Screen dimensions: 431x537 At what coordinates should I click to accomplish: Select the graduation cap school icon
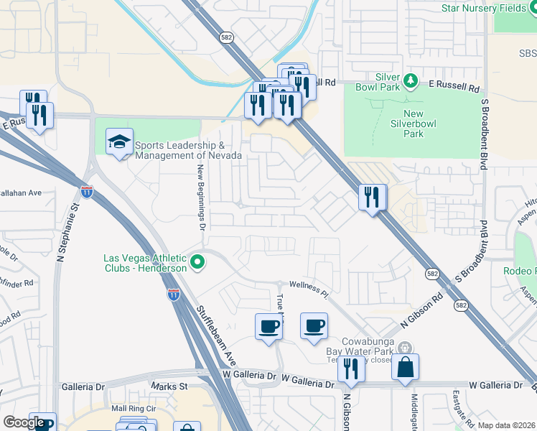click(120, 142)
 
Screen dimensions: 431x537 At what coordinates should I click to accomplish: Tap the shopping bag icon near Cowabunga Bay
click(406, 366)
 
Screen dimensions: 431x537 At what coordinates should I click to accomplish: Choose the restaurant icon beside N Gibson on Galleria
click(351, 369)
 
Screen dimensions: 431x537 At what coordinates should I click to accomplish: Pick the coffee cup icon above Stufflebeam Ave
click(269, 327)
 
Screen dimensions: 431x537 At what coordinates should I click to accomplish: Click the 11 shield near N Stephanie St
click(87, 192)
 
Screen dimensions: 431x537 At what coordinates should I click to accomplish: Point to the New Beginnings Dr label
click(202, 196)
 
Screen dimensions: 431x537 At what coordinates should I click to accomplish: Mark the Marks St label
click(169, 386)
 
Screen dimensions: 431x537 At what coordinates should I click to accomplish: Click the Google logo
click(24, 422)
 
